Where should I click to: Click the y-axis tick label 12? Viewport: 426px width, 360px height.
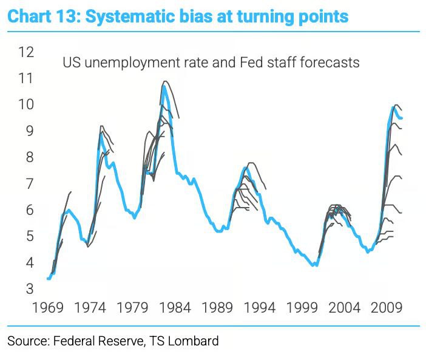pos(25,52)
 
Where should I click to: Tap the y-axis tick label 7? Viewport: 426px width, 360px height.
pos(29,183)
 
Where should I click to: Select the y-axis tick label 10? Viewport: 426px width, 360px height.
pos(25,104)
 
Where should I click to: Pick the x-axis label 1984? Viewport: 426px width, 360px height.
pos(176,309)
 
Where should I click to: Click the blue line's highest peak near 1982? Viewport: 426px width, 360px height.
pos(164,86)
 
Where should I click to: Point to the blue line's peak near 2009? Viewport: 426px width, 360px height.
pos(393,107)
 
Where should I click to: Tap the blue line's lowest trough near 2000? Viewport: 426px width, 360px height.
pos(313,265)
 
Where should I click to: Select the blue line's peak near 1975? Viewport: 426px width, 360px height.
pos(101,134)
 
